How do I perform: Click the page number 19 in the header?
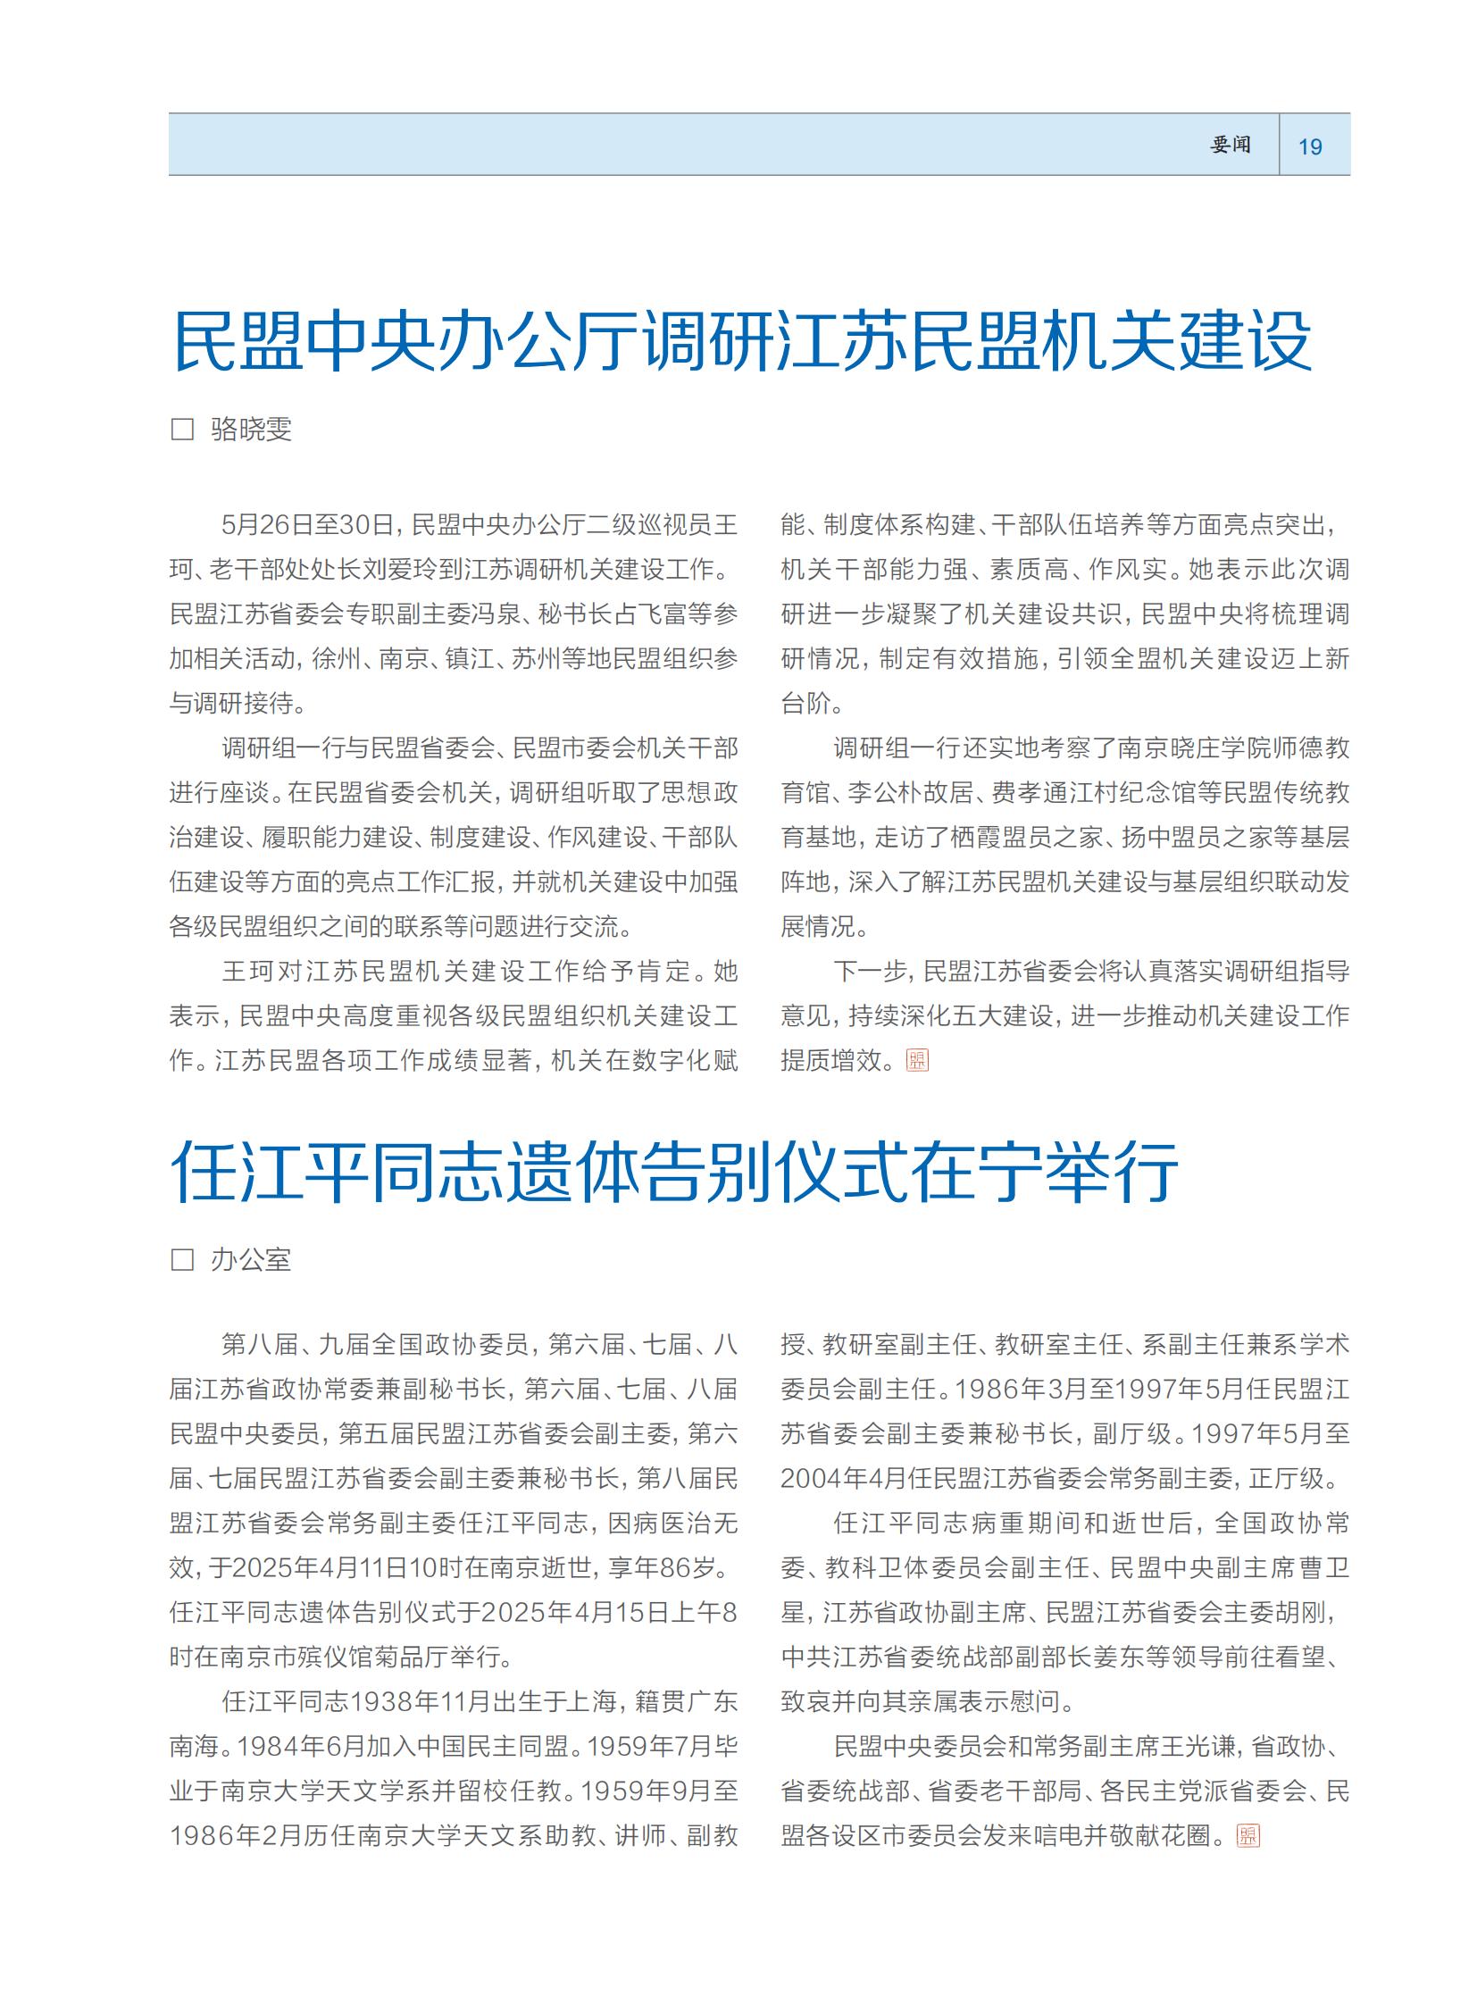click(x=1310, y=146)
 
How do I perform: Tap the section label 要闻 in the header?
click(x=1231, y=145)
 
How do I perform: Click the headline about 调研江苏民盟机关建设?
click(x=741, y=341)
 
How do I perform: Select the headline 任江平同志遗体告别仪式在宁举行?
click(x=674, y=1172)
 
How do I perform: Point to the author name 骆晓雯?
click(x=251, y=430)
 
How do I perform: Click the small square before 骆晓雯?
click(x=182, y=430)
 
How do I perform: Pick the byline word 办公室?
click(x=251, y=1260)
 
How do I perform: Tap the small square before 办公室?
click(x=182, y=1260)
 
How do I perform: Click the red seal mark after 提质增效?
click(x=917, y=1061)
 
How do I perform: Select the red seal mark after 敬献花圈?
click(x=1248, y=1836)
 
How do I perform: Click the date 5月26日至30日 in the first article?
click(x=307, y=525)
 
